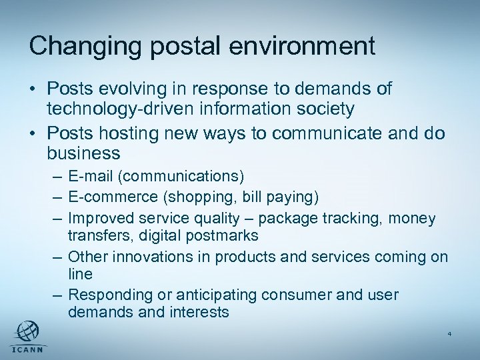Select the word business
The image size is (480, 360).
pyautogui.click(x=83, y=153)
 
